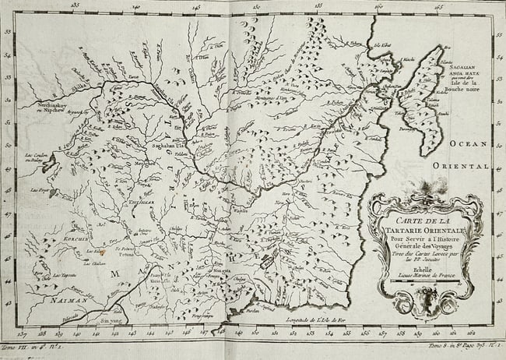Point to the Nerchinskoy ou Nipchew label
pos(57,108)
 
